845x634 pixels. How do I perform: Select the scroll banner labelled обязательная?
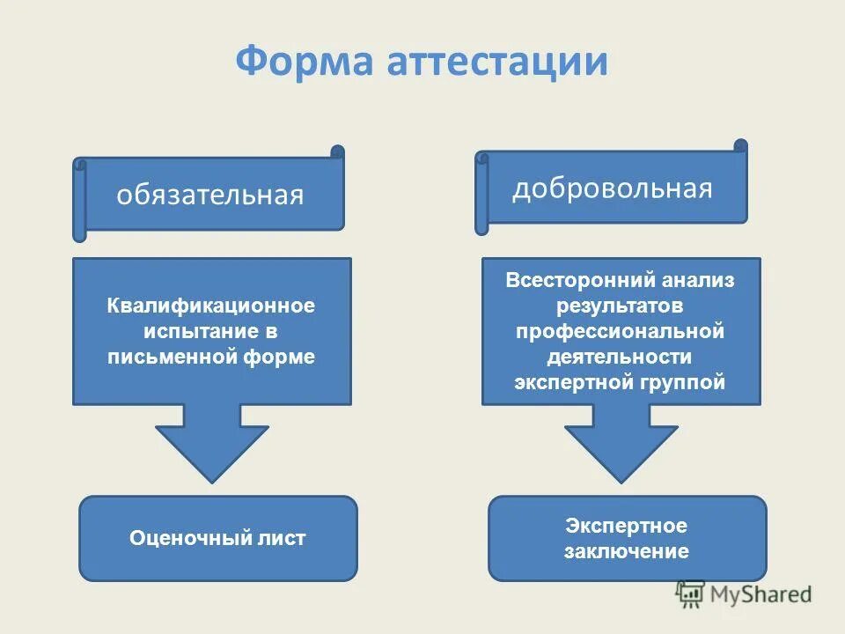pyautogui.click(x=211, y=195)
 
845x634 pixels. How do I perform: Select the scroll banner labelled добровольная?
pyautogui.click(x=613, y=188)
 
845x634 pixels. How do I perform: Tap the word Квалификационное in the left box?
pyautogui.click(x=211, y=306)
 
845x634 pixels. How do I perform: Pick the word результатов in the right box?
pyautogui.click(x=620, y=306)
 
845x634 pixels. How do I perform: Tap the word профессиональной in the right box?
pyautogui.click(x=620, y=332)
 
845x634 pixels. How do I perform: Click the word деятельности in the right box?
pyautogui.click(x=620, y=358)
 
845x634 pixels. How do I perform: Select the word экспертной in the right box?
pyautogui.click(x=568, y=383)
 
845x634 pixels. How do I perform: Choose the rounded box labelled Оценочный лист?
pyautogui.click(x=218, y=538)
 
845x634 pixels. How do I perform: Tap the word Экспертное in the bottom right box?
pyautogui.click(x=627, y=526)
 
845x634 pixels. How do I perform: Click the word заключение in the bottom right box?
pyautogui.click(x=627, y=552)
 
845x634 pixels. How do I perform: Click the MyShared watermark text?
pyautogui.click(x=761, y=593)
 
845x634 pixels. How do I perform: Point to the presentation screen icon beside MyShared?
pyautogui.click(x=691, y=593)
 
